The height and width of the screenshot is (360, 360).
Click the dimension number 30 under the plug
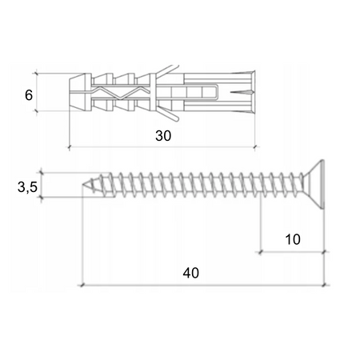click(x=163, y=136)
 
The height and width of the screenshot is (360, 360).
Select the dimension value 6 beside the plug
click(x=29, y=94)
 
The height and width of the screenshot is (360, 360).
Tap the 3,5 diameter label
click(x=28, y=188)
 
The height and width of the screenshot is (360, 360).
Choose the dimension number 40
click(x=190, y=272)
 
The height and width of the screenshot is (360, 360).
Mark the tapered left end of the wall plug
click(x=76, y=92)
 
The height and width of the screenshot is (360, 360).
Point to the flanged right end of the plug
click(x=251, y=92)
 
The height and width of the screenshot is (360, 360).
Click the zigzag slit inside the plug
click(x=120, y=93)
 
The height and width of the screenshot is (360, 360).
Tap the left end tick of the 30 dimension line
click(x=70, y=147)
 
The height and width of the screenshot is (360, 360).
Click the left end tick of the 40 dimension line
click(x=82, y=284)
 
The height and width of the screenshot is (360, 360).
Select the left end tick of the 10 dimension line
click(x=260, y=251)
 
